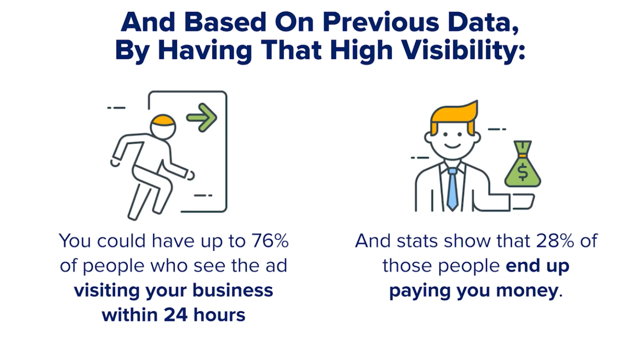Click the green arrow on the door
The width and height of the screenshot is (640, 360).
pos(201,118)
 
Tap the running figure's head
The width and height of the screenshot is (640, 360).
pos(163,127)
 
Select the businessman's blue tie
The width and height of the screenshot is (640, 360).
pos(452,189)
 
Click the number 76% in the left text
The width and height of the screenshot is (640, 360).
pos(270,241)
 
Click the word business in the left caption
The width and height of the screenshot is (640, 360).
pos(233,290)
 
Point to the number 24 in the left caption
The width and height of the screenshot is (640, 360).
pos(176,315)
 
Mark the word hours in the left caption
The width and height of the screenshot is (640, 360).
pos(219,315)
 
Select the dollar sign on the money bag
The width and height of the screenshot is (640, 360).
pos(523,172)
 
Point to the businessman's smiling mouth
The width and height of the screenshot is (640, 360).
pos(452,146)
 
